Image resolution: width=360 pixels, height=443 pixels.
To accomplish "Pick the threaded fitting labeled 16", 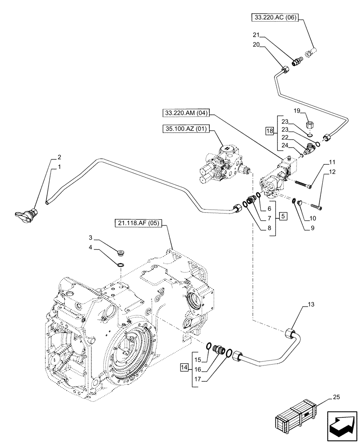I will [x=219, y=349].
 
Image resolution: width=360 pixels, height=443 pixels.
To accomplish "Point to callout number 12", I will [x=332, y=171].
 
